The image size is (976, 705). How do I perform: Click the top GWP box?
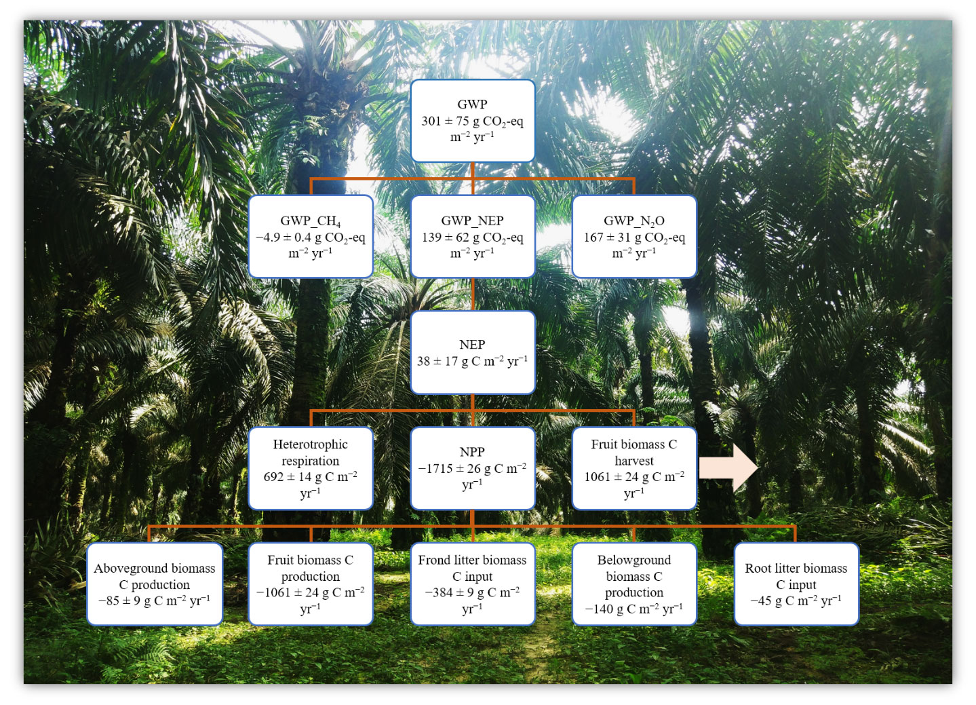point(472,121)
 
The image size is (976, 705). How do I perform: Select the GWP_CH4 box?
point(311,236)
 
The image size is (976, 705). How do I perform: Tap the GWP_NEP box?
point(472,236)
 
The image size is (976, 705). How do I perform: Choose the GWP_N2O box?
point(634,236)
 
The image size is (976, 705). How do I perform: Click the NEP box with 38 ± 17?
point(472,352)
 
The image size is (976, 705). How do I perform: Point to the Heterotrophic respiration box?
point(311,468)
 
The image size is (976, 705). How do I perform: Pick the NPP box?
point(472,468)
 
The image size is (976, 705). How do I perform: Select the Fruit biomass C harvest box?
point(634,468)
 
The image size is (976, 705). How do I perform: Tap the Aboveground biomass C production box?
point(155,584)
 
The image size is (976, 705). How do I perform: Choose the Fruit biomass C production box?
point(311,584)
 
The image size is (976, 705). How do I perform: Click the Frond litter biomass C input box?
point(472,584)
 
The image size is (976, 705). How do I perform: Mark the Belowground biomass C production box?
point(634,584)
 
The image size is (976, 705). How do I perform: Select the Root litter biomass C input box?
point(796,584)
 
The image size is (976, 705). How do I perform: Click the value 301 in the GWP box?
point(431,121)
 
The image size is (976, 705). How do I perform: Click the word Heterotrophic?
point(310,444)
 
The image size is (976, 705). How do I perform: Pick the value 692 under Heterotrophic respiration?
point(273,477)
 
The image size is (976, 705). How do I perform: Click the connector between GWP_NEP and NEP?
point(473,294)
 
